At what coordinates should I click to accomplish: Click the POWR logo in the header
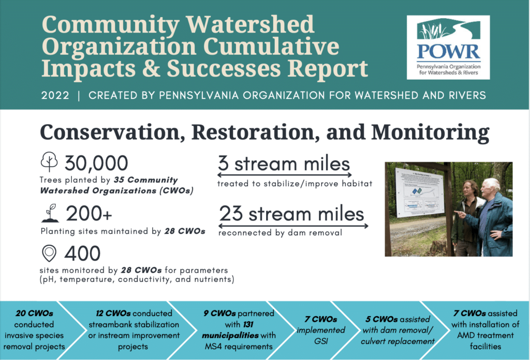point(448,47)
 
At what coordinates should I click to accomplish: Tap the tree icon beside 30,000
point(49,161)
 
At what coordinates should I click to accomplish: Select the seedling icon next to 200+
point(50,213)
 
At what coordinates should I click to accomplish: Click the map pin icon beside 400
point(49,253)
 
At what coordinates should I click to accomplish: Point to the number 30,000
point(96,163)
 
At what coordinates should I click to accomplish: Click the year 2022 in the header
point(55,95)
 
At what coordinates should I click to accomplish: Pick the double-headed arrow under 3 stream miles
point(285,175)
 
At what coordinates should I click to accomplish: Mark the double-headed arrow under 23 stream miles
point(293,226)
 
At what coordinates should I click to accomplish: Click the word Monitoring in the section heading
point(430,132)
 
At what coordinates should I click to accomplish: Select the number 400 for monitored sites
point(82,253)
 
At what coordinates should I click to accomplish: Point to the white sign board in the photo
point(419,192)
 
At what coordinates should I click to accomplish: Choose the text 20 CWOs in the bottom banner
point(34,313)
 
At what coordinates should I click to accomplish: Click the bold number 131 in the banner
point(248,324)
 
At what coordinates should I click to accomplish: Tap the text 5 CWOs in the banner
point(381,319)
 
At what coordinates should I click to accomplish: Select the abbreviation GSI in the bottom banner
point(321,341)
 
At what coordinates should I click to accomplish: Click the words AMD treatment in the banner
point(485,335)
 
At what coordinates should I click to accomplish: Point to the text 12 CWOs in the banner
point(113,313)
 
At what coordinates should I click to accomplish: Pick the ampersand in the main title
point(151,68)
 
